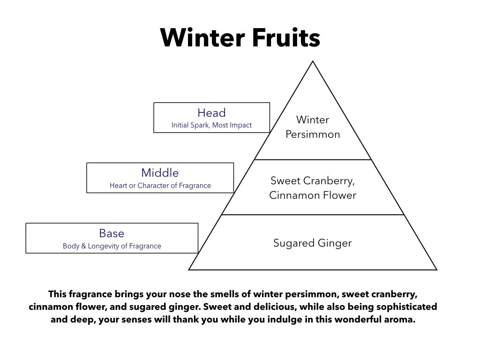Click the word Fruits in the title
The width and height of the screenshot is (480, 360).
click(286, 37)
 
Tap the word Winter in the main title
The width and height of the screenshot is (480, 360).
click(202, 37)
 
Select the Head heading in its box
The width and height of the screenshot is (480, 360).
click(211, 112)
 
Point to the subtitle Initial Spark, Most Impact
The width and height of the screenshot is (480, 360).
click(211, 125)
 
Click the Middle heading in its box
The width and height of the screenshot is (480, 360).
click(160, 173)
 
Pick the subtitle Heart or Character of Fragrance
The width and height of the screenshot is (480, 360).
click(160, 186)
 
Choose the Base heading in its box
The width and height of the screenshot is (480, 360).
click(112, 233)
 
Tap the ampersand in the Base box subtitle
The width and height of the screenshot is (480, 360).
click(83, 246)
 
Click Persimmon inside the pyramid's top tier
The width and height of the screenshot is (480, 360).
click(313, 135)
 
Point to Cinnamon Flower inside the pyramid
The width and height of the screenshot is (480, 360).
click(313, 195)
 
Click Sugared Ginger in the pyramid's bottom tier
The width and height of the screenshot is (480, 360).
click(313, 243)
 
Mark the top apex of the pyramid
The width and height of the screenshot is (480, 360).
click(313, 61)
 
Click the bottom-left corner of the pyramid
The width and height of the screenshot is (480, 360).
click(188, 270)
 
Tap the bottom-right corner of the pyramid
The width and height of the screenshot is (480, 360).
click(437, 270)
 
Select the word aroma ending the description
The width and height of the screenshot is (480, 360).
click(400, 320)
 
